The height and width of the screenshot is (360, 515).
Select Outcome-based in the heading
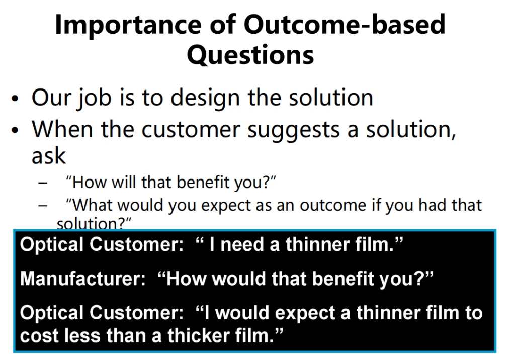[344, 24]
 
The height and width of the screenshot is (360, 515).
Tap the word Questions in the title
[250, 55]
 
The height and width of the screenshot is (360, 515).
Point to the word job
[94, 99]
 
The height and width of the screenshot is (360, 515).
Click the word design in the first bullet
[205, 98]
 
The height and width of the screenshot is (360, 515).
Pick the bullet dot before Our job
[15, 99]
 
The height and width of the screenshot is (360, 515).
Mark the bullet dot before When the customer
[15, 130]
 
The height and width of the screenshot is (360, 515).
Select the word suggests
[293, 130]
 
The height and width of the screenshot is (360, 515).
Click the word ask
[49, 156]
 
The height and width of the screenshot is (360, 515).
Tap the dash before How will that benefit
[43, 183]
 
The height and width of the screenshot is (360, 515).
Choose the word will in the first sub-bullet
[124, 182]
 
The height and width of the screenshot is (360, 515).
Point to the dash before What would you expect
[43, 206]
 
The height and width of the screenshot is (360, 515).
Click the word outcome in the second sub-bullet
[333, 206]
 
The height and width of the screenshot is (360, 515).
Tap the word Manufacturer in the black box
[82, 279]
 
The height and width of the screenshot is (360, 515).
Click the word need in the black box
[242, 245]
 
